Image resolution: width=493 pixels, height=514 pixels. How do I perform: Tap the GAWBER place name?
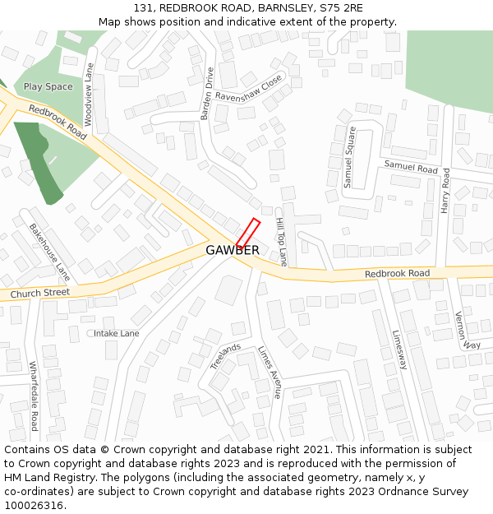233,250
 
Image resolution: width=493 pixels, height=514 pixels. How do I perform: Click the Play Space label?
48,87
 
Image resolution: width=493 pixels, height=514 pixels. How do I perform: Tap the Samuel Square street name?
349,157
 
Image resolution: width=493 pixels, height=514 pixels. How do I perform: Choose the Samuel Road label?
411,168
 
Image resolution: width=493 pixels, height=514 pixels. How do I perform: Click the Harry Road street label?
445,191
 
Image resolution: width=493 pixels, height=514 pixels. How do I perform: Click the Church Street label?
40,293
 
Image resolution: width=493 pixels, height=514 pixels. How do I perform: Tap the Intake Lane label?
116,334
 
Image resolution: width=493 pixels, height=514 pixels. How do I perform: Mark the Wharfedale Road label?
34,396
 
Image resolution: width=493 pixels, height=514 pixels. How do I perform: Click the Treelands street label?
225,356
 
